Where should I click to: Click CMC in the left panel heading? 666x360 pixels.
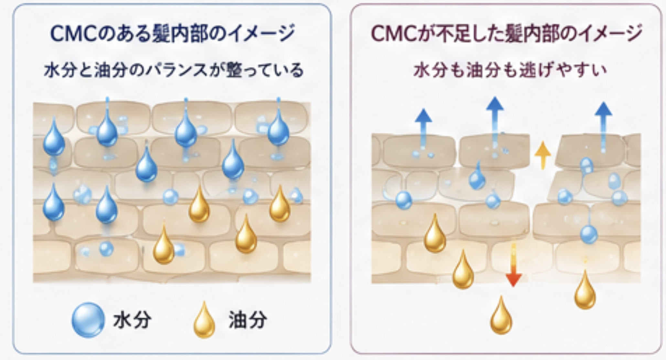pos(74,33)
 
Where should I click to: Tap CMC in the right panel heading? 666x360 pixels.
pos(393,33)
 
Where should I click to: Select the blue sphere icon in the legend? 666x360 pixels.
pos(88,320)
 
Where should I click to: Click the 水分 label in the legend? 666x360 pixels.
pos(132,320)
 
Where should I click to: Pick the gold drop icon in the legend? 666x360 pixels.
pos(204,320)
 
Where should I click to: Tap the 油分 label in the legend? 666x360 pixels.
pos(248,320)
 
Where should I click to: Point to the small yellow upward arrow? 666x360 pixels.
pos(542,156)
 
